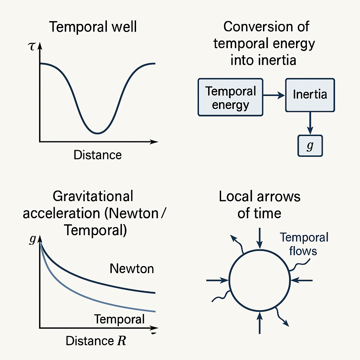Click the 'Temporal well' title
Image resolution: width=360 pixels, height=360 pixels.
tap(93, 27)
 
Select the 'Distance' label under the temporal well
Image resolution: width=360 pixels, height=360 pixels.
tap(97, 155)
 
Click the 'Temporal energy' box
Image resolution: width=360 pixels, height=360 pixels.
tap(230, 97)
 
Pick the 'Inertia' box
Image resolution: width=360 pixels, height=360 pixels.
tap(310, 95)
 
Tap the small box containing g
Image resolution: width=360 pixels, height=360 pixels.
tap(310, 146)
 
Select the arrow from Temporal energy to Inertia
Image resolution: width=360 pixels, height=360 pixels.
tap(274, 95)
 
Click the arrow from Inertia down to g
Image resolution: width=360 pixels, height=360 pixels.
tap(310, 123)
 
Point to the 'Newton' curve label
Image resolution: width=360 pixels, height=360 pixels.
tap(132, 269)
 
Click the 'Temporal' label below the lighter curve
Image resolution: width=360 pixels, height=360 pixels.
tap(119, 319)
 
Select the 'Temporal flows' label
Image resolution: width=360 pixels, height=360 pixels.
tap(304, 244)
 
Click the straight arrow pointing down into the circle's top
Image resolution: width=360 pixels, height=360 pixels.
tap(259, 237)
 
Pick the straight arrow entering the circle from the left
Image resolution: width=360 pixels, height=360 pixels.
tap(217, 280)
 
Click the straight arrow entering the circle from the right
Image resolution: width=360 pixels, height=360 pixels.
tap(302, 280)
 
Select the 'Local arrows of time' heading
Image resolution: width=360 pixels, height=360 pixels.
tap(259, 205)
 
